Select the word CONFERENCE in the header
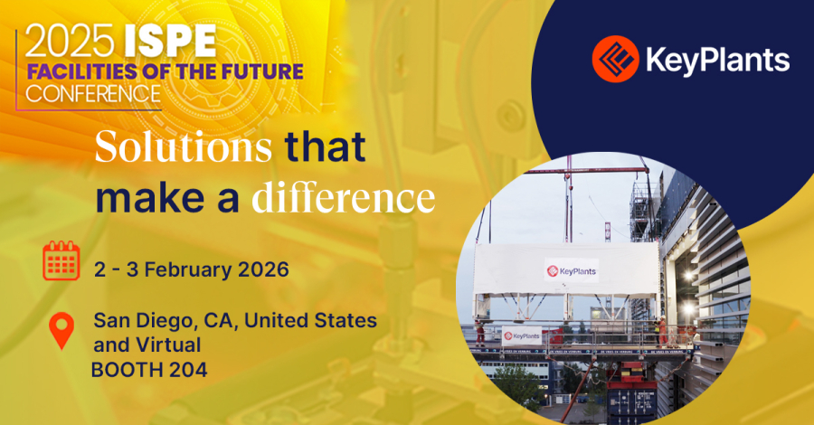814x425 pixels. tap(94, 92)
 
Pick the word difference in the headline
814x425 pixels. tap(343, 194)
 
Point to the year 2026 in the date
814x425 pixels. tap(266, 269)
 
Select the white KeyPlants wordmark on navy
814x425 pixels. tap(715, 61)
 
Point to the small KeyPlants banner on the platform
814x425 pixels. tap(522, 335)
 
